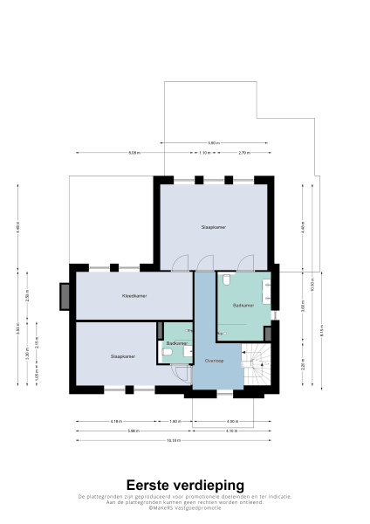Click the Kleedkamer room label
click(134, 296)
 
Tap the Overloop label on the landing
click(215, 360)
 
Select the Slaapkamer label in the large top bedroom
click(214, 227)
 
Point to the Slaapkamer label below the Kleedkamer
click(122, 356)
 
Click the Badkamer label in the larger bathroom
click(243, 306)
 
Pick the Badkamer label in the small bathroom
click(176, 343)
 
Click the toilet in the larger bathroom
click(226, 279)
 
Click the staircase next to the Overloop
click(258, 367)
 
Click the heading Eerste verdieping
click(185, 485)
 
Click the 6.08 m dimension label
click(134, 153)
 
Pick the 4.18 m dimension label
click(116, 422)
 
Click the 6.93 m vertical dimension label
click(18, 329)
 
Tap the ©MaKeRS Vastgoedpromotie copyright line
click(185, 507)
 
